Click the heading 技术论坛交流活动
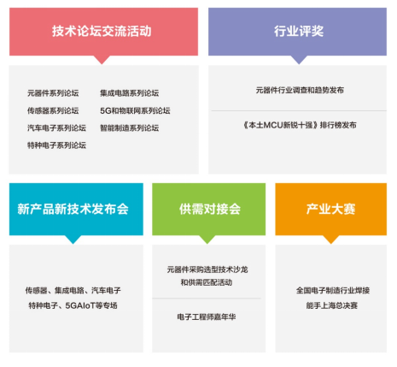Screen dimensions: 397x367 [x=102, y=31]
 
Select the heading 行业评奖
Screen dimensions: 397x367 [x=299, y=31]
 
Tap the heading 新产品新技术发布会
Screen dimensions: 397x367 [x=73, y=209]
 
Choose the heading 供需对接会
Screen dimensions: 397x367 [x=210, y=209]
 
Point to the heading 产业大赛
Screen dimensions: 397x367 [x=331, y=209]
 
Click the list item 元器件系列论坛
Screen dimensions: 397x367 [x=53, y=93]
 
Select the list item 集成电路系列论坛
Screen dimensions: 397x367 [x=130, y=93]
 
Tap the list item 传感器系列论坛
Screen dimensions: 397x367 [x=53, y=110]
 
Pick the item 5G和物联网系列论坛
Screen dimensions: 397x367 [x=135, y=110]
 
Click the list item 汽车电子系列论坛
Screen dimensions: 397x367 [x=56, y=128]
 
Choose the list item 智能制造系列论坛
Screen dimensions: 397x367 [x=130, y=128]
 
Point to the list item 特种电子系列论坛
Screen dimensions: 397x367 [x=56, y=145]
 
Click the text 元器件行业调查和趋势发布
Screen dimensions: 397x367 [x=300, y=90]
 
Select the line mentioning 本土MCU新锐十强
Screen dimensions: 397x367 [x=300, y=125]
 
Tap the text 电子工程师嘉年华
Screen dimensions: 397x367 [x=207, y=317]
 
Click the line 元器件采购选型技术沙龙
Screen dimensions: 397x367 [x=207, y=269]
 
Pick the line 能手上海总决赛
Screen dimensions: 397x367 [x=332, y=305]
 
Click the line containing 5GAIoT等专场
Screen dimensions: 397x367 [x=73, y=305]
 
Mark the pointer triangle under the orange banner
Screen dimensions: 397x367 [x=331, y=240]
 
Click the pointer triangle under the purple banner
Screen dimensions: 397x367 [x=299, y=60]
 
